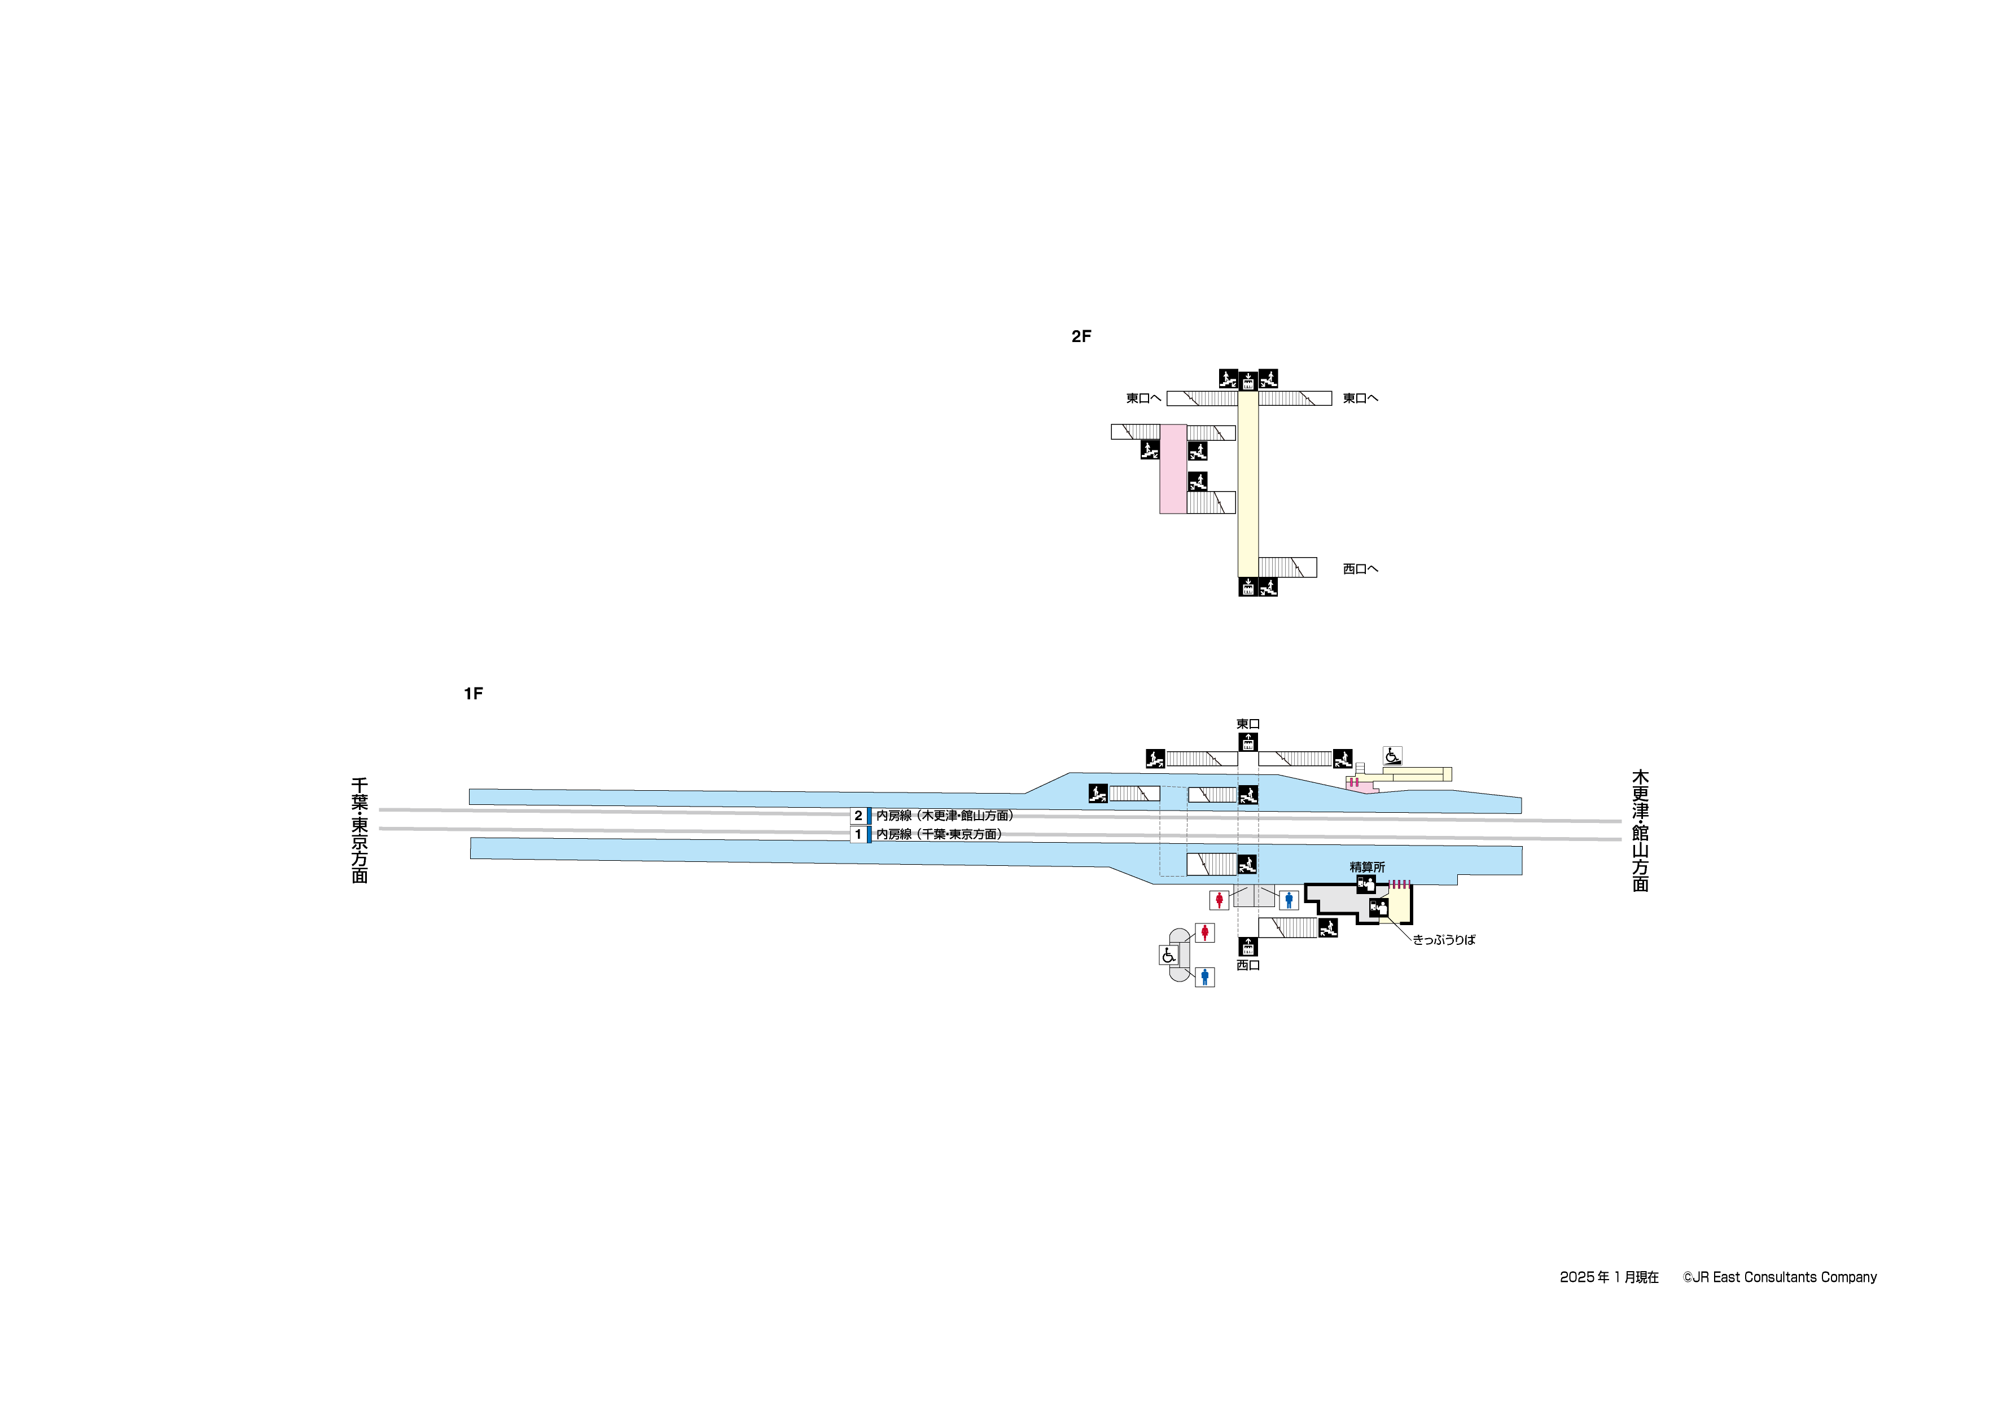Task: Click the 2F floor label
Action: (1081, 336)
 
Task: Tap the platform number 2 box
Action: (858, 816)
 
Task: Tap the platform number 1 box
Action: (858, 835)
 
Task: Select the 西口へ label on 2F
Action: (1360, 569)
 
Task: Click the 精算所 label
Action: (1367, 868)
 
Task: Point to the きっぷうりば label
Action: (1444, 940)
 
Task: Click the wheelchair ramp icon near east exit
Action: (1392, 755)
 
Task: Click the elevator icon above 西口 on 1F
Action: (1248, 947)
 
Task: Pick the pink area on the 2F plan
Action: (1173, 470)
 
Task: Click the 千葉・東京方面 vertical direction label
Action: (360, 831)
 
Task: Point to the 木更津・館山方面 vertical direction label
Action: (1640, 831)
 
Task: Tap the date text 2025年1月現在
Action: (1609, 1277)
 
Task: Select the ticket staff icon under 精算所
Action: (1365, 885)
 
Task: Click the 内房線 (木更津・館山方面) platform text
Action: (944, 816)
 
